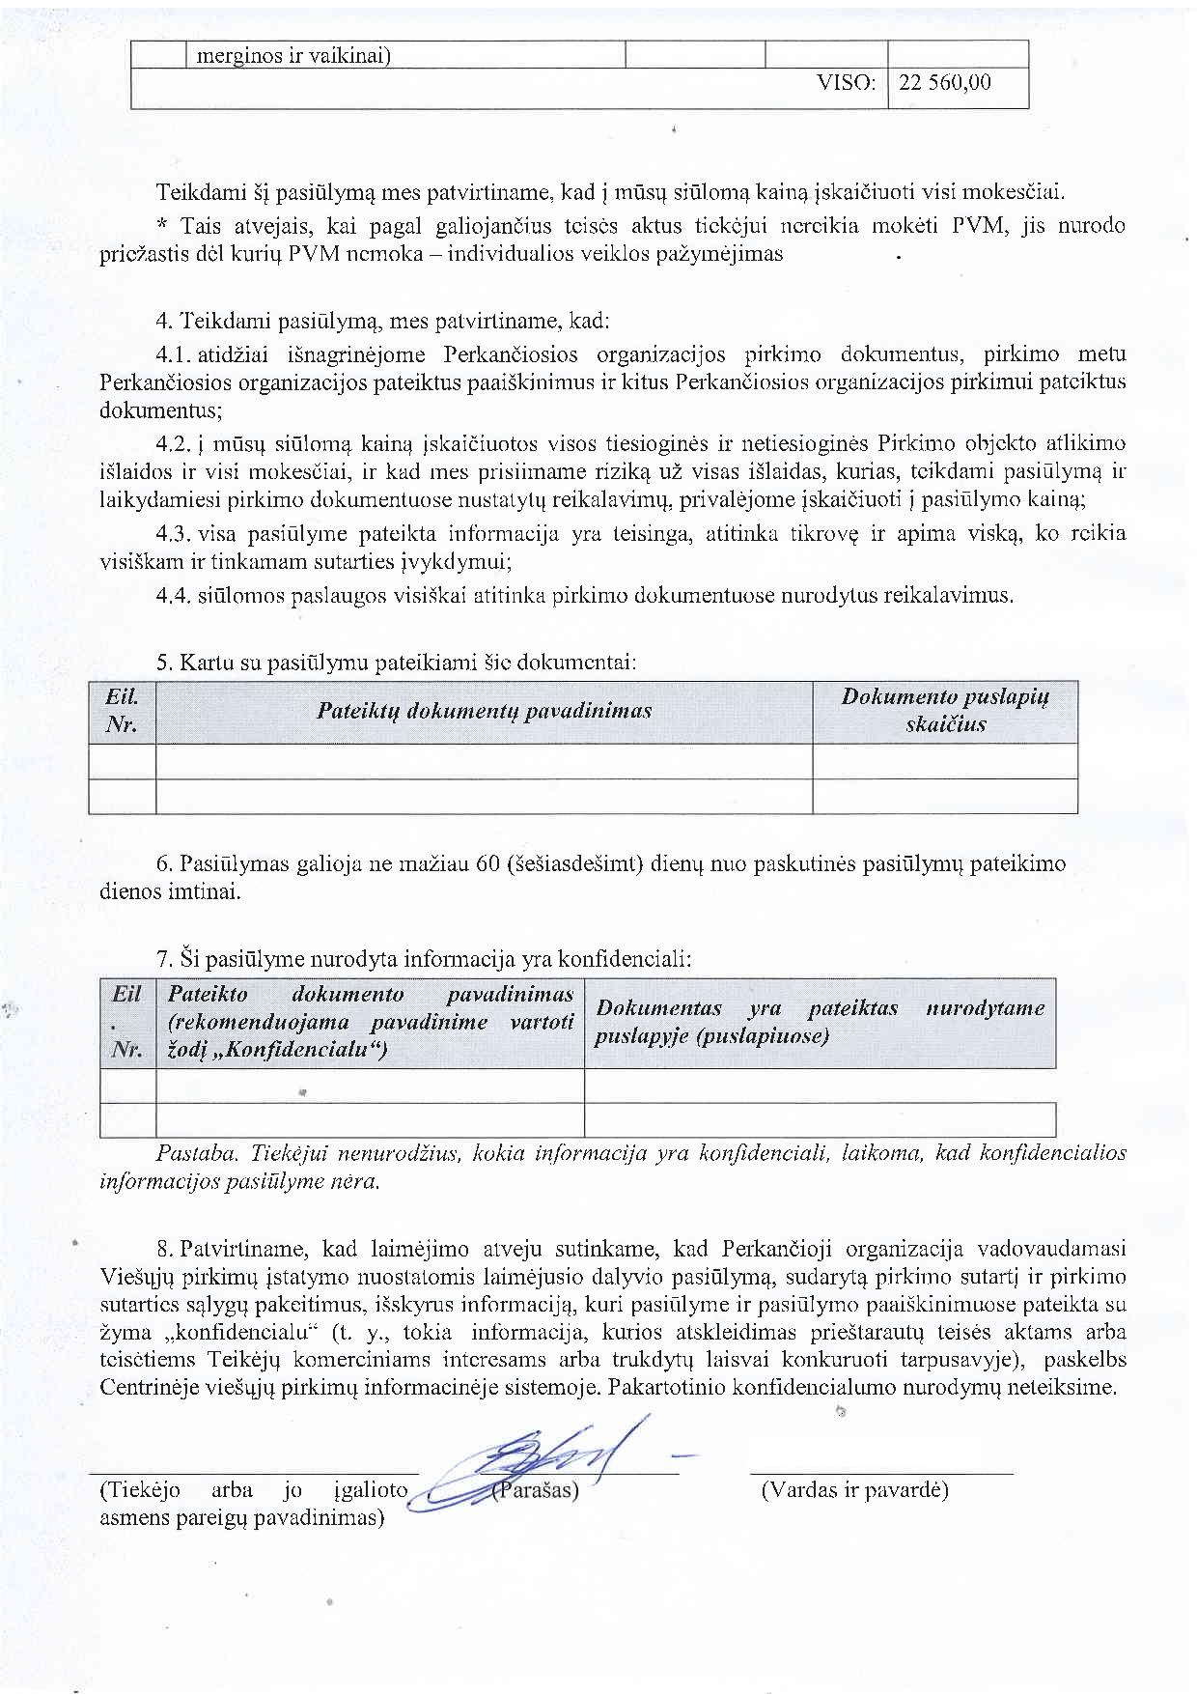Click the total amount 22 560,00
pos(944,83)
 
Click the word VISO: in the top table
pos(846,83)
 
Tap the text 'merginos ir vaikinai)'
pos(293,56)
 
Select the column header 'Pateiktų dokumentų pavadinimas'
pos(484,712)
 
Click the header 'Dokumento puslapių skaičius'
pos(944,711)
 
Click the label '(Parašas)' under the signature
pos(536,1490)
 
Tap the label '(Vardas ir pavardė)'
pos(854,1490)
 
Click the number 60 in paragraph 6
pos(487,863)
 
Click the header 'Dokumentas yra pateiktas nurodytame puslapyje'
pos(820,1022)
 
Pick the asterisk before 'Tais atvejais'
pos(161,226)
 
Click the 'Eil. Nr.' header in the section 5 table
pos(122,711)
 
